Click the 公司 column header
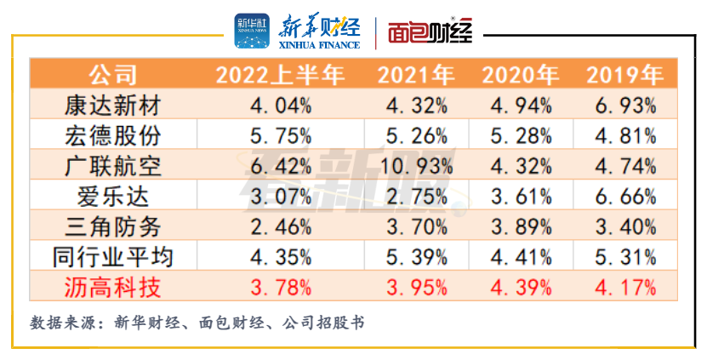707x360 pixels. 112,75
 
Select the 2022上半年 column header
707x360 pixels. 280,75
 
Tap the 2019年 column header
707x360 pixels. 624,75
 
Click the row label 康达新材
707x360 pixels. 112,106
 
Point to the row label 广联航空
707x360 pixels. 112,165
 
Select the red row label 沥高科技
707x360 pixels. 112,286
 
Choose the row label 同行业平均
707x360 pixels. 112,256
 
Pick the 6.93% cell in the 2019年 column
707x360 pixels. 624,106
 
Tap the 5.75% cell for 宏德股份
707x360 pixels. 280,135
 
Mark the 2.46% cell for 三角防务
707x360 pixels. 280,226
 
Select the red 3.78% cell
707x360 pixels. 280,286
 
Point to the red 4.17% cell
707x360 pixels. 624,286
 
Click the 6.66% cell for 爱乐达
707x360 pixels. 624,196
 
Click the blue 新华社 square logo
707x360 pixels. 252,31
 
